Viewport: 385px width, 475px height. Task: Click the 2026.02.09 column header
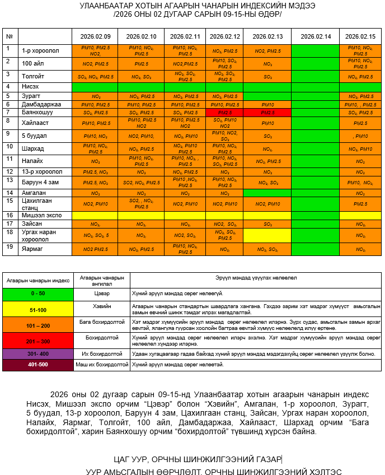(95, 36)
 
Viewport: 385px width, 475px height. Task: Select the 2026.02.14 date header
(315, 36)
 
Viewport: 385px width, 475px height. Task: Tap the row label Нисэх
(30, 87)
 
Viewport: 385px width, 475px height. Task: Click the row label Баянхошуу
(37, 113)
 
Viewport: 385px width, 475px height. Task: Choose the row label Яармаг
(32, 249)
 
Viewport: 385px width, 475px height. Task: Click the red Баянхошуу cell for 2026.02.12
(224, 113)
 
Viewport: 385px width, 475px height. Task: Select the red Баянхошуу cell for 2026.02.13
(267, 113)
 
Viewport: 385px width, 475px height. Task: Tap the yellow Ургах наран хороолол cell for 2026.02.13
(267, 235)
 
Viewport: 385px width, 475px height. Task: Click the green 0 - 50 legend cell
(38, 293)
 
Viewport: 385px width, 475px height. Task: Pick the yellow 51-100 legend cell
(38, 309)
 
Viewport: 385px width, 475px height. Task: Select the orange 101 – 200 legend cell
(38, 325)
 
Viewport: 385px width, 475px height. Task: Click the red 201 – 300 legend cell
(38, 341)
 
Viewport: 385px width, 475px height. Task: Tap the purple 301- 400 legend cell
(38, 354)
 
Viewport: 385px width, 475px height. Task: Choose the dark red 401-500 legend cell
(38, 365)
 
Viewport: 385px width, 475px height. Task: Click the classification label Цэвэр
(102, 293)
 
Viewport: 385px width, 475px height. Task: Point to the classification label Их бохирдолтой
(102, 354)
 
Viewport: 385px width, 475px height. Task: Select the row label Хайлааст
(35, 121)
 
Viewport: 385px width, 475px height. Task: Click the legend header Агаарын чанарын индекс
(38, 277)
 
